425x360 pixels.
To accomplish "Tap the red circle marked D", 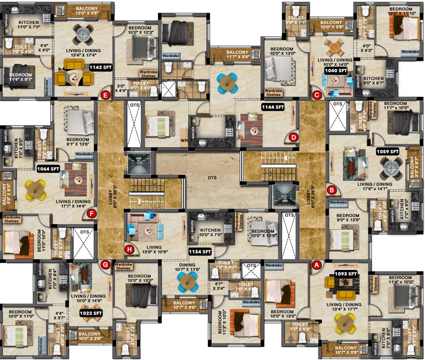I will (x=294, y=137).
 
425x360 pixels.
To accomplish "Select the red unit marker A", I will (x=316, y=265).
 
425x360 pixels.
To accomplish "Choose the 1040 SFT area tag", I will (x=336, y=70).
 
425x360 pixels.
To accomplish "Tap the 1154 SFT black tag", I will (x=200, y=252).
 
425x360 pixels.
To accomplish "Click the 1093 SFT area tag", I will (x=346, y=273).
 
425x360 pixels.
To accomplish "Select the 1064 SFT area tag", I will (x=48, y=168).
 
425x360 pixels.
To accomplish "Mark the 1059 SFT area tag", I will (x=387, y=151).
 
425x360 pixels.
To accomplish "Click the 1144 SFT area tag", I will (x=273, y=107).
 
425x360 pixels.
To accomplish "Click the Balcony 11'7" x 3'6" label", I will (x=237, y=55).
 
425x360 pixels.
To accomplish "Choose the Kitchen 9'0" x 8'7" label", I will (x=373, y=82).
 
